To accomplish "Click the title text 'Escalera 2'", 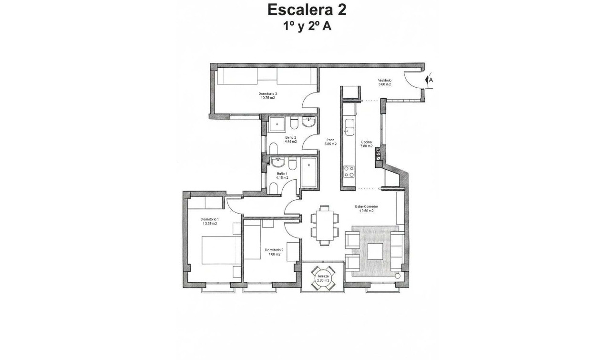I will pos(307,10).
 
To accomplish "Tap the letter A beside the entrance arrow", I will pos(431,81).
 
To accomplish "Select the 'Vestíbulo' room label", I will pos(384,80).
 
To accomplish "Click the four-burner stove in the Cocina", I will pos(349,171).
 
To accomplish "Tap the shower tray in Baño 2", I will pos(277,124).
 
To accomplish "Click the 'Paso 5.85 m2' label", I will pos(330,142).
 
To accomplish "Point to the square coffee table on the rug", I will pos(375,250).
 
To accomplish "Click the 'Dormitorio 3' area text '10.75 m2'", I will pos(268,98).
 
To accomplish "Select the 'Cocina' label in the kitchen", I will pos(366,142).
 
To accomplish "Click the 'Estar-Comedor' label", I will pos(366,206).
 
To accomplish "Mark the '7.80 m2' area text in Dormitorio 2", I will pos(274,254).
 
